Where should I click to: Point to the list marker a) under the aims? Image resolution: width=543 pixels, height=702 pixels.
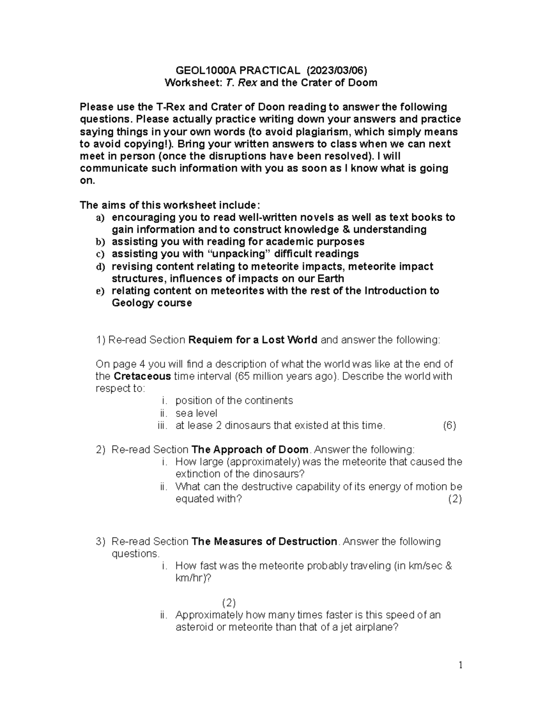click(100, 218)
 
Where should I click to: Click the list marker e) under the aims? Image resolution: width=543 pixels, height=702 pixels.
click(100, 291)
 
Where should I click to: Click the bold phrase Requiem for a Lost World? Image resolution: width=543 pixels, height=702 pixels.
click(252, 340)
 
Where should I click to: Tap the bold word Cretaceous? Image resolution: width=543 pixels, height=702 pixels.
click(142, 377)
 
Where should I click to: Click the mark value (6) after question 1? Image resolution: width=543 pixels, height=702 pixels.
click(449, 425)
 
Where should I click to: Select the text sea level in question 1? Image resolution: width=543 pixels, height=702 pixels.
click(196, 413)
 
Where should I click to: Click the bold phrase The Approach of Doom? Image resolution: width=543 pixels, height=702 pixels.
click(250, 450)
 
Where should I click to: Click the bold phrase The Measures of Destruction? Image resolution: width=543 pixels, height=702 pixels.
click(265, 542)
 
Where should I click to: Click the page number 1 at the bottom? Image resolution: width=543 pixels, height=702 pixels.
click(460, 665)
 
